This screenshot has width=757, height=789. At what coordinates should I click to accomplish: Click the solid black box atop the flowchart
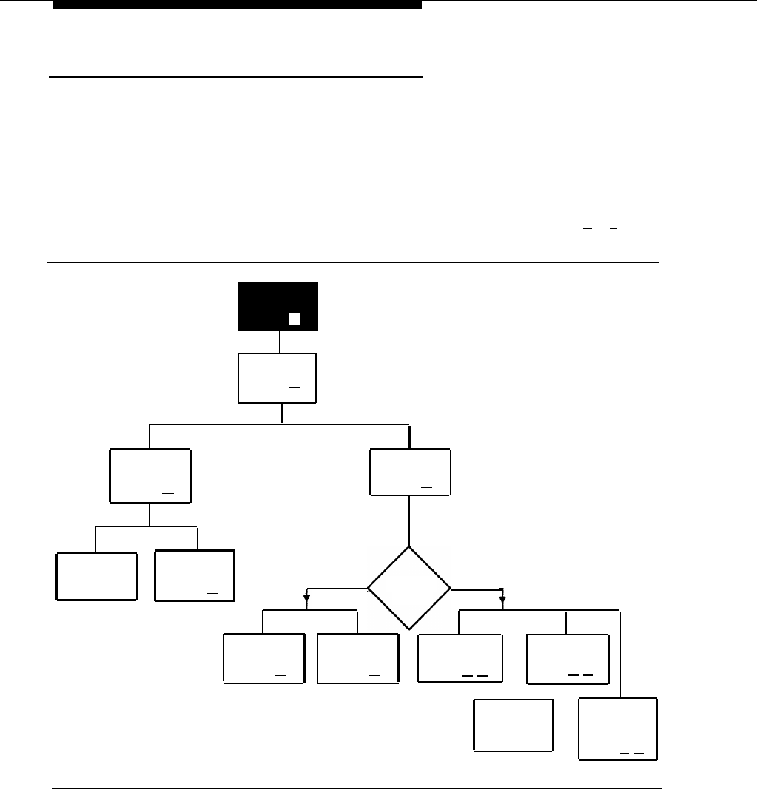point(277,305)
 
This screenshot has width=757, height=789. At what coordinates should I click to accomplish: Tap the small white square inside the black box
point(294,319)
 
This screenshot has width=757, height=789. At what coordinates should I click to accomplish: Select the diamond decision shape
point(409,588)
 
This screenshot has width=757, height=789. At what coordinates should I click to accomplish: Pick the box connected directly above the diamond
point(409,472)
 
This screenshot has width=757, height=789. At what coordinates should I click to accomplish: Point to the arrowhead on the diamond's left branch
point(306,597)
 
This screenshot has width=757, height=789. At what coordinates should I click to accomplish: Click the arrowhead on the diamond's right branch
point(502,597)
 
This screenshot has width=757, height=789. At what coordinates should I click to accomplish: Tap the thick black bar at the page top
point(237,4)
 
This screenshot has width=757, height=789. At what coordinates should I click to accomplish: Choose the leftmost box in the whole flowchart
point(96,575)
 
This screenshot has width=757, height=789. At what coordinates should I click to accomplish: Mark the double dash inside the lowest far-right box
point(631,753)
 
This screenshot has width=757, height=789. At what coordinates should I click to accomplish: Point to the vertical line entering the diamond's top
point(409,521)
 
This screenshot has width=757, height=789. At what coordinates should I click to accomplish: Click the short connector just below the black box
point(279,341)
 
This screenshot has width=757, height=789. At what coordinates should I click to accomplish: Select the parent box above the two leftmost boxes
point(149,475)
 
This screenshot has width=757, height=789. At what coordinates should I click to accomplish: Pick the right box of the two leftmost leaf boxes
point(195,575)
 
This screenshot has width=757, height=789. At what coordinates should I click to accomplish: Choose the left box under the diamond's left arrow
point(263,658)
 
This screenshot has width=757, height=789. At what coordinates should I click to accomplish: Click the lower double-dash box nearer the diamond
point(514,725)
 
